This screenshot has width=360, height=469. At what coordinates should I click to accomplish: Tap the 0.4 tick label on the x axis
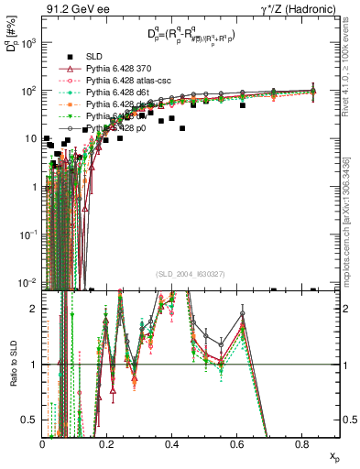pos(172,445)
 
